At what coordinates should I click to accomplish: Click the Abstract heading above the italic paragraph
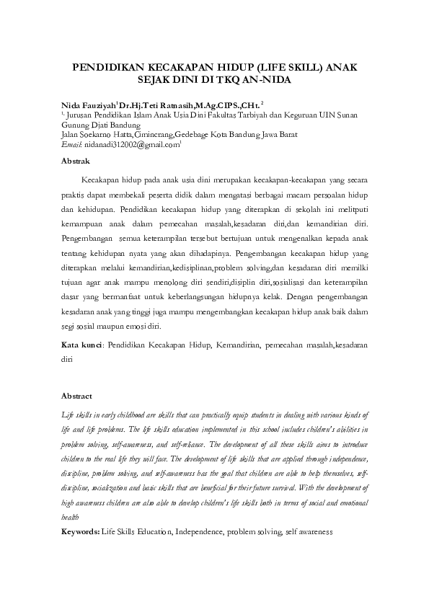(x=77, y=396)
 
